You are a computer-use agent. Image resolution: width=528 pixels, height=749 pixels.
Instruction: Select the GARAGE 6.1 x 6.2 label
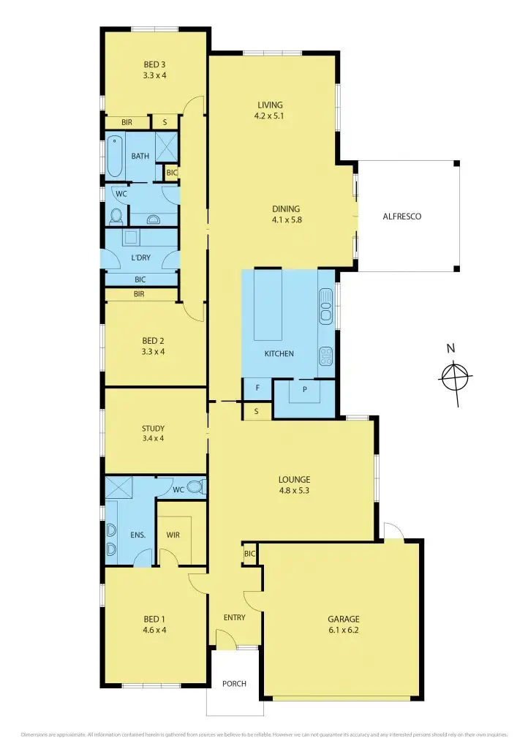(343, 624)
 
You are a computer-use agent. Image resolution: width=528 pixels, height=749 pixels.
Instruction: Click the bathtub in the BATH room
(113, 156)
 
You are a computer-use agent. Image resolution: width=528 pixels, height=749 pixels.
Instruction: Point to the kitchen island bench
(268, 305)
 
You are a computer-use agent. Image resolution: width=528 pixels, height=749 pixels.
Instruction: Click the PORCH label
(234, 684)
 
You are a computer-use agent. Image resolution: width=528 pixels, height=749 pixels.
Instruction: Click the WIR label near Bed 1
(173, 535)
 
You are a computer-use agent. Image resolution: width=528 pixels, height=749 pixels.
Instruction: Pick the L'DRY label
(141, 258)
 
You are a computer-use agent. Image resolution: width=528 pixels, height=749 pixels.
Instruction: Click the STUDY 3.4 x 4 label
(153, 433)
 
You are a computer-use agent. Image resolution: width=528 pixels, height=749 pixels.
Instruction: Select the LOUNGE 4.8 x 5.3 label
(294, 485)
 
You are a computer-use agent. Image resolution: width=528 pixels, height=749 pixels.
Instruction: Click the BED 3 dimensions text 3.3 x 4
(154, 75)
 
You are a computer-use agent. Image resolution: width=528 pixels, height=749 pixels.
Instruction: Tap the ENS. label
(138, 535)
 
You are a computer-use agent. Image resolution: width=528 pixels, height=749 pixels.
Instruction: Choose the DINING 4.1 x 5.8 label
(286, 214)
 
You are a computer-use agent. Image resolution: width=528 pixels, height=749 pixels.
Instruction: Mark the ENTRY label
(234, 617)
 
